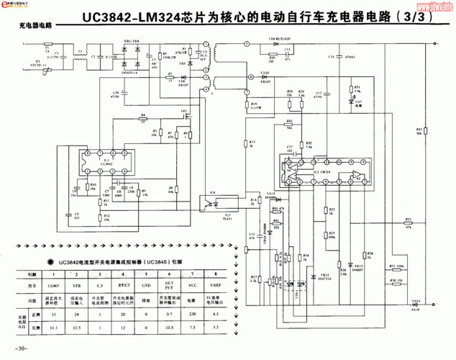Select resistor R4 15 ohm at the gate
(144, 117)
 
